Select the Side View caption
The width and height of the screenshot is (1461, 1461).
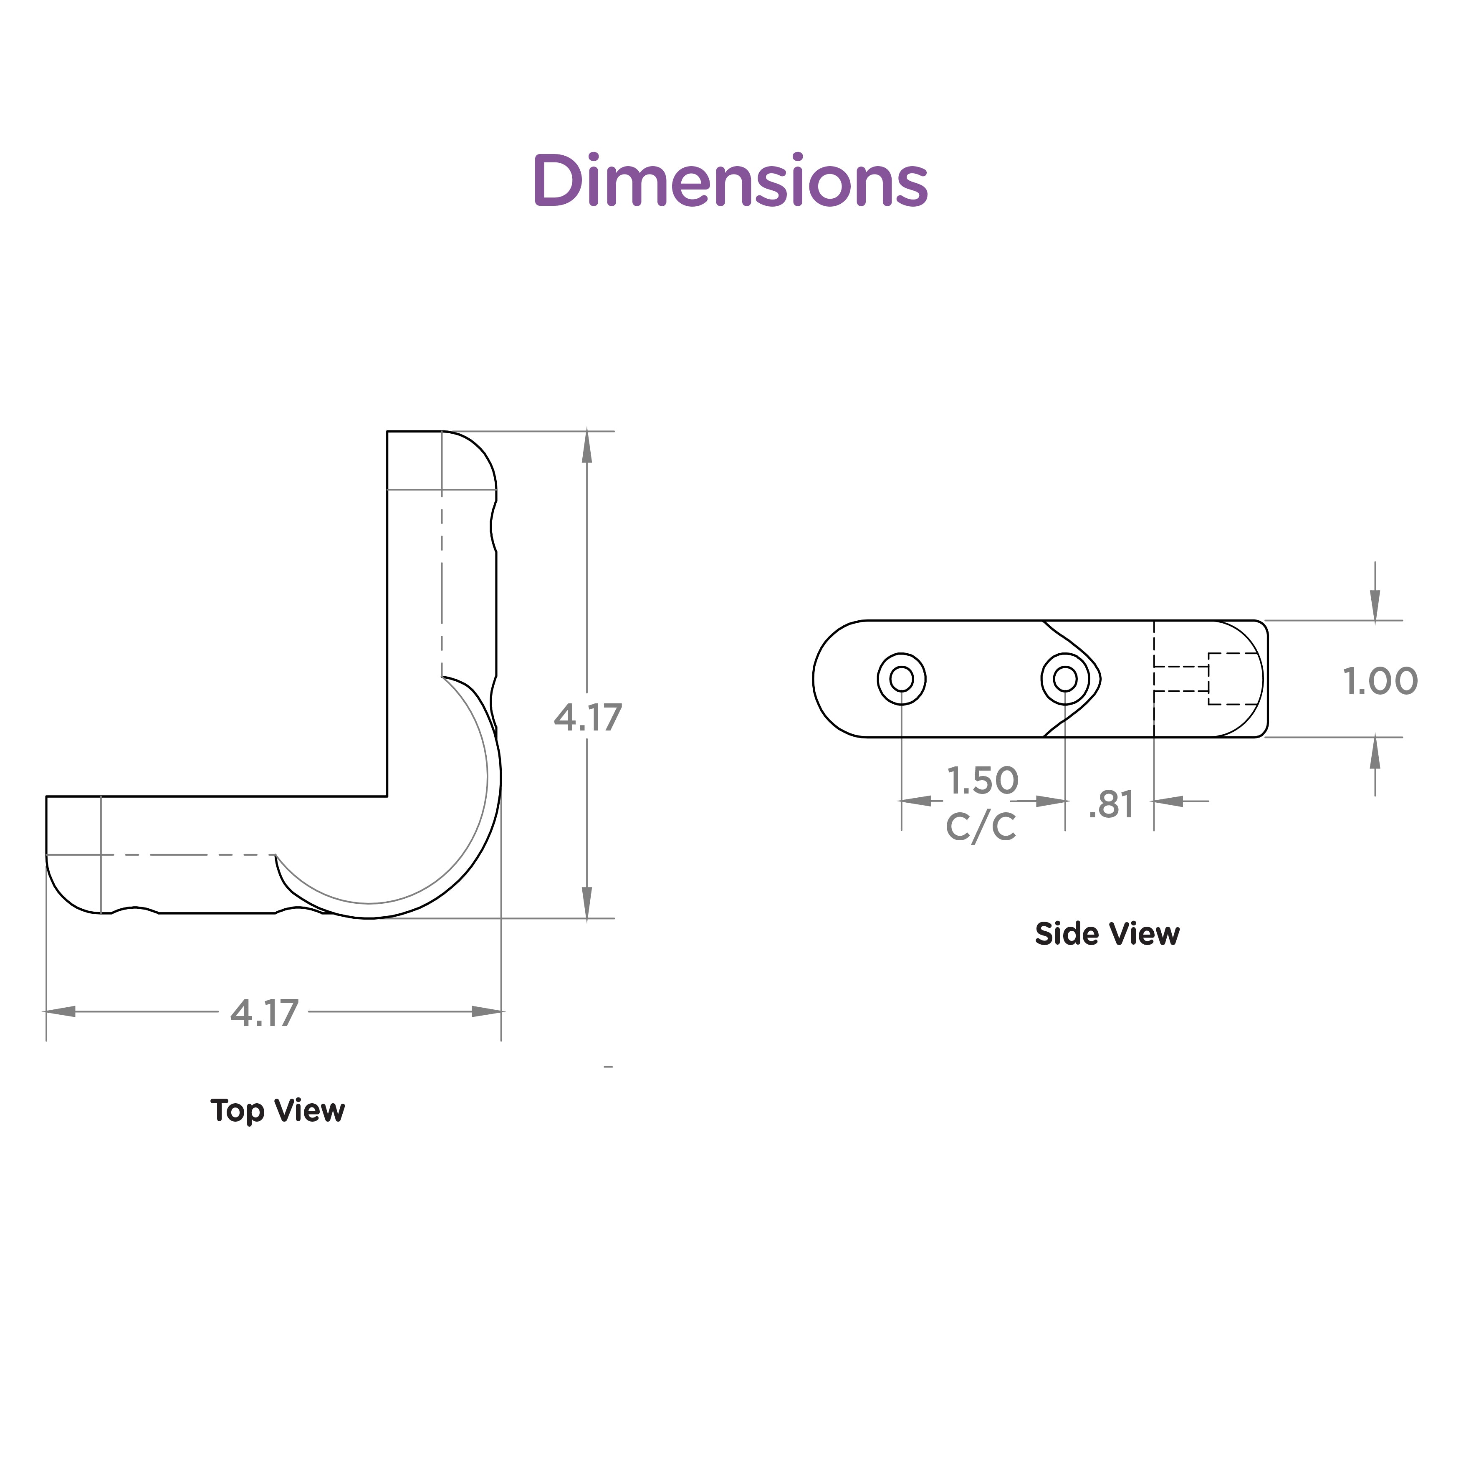pos(1107,934)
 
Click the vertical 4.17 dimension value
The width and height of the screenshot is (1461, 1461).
pos(588,717)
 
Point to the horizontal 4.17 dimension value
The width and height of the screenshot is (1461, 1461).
pos(265,1013)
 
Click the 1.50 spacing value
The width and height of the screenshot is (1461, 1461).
pos(983,781)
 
